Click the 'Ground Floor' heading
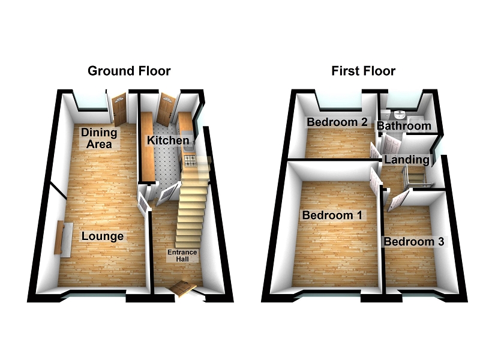(129, 71)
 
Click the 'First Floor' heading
(364, 71)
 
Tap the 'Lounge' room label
(103, 236)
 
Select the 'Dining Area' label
(100, 138)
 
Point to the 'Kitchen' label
(169, 140)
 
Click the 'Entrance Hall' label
(182, 256)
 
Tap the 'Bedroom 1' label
(331, 215)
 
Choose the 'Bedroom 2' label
(337, 122)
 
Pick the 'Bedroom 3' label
(414, 242)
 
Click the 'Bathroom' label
(403, 126)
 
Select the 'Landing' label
(407, 160)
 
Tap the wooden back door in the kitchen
(166, 109)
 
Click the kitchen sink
(187, 135)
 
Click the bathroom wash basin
(401, 114)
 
